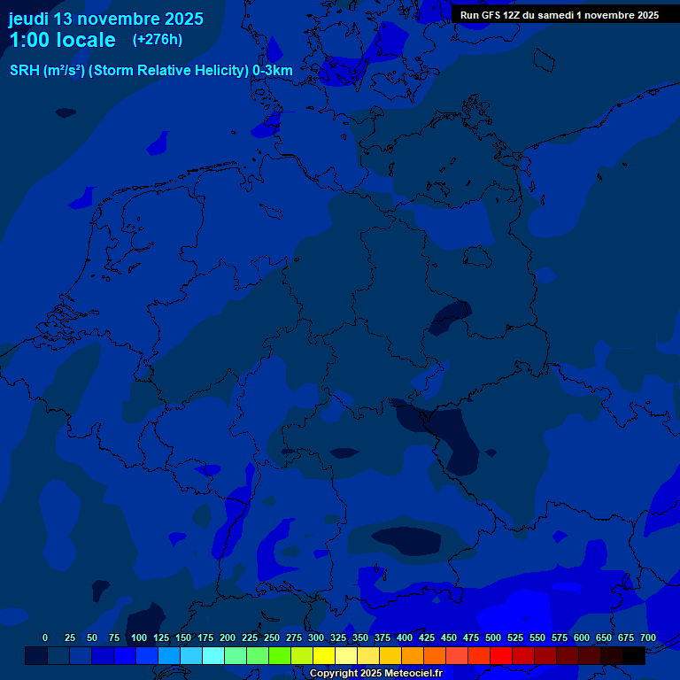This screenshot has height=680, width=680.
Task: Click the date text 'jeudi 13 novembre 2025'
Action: (105, 19)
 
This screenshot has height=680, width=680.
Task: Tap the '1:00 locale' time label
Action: (62, 41)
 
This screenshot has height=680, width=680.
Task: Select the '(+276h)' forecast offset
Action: (158, 40)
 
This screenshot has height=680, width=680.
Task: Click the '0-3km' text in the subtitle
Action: (273, 71)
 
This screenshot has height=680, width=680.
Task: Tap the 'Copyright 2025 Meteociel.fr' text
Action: (375, 674)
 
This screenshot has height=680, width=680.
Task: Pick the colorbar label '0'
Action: (45, 638)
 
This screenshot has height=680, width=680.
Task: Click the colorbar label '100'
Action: (139, 638)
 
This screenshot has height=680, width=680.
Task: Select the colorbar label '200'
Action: (228, 638)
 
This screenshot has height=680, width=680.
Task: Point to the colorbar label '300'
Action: (316, 638)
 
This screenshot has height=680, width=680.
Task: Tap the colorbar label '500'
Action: (493, 638)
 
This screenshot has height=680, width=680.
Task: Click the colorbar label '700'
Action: (648, 638)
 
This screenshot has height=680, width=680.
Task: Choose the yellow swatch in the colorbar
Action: (324, 656)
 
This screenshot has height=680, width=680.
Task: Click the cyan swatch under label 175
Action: (213, 656)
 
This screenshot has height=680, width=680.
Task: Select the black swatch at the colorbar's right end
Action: (634, 656)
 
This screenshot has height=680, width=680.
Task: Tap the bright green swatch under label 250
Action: (280, 656)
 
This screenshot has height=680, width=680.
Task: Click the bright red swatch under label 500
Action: (501, 656)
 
